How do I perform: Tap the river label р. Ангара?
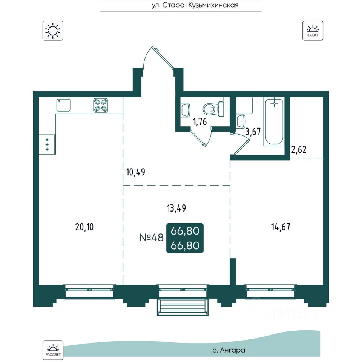(229, 350)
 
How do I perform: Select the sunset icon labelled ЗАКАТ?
(313, 31)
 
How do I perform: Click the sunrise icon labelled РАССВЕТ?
(53, 350)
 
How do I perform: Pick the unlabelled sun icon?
(53, 31)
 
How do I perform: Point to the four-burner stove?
(101, 105)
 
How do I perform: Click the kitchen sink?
(63, 105)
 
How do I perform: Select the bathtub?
(274, 122)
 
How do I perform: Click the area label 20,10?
(84, 227)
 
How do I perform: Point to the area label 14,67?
(281, 227)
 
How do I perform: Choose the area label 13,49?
(176, 208)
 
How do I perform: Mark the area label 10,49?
(136, 172)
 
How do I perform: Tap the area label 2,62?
(299, 150)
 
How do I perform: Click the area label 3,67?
(253, 132)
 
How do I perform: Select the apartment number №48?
(152, 237)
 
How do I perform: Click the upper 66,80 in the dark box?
(185, 231)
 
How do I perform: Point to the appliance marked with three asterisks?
(48, 144)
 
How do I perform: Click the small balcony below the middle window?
(183, 307)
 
